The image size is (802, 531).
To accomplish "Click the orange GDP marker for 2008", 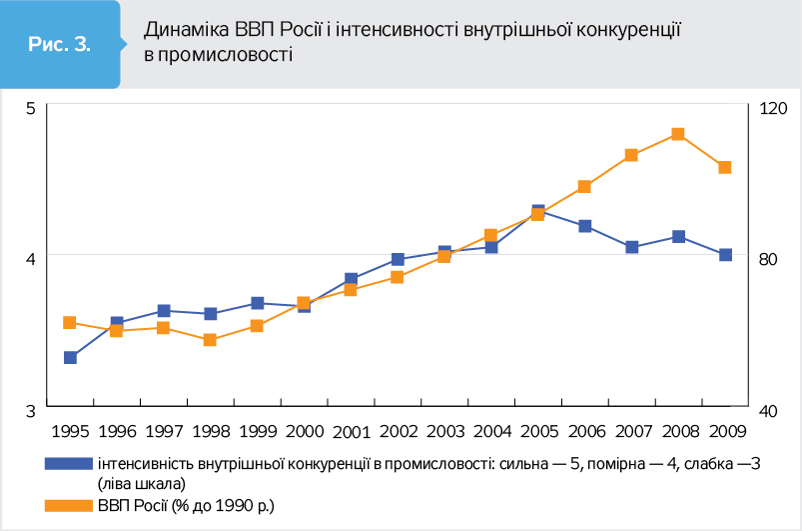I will pos(678,134).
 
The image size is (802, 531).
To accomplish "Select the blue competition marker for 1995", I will pos(71,357).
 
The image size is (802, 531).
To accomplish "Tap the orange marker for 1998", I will pos(211,340).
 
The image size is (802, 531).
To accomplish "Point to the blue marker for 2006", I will pos(584,226).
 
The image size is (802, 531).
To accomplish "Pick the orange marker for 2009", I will pos(725,167).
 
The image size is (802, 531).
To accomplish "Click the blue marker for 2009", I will pos(725,255).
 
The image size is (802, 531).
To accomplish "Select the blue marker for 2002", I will pos(398,260).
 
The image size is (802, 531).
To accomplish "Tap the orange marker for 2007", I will pos(631,155).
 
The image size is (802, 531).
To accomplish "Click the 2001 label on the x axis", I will pos(351,432).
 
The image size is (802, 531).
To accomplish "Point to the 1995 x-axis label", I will pos(71,432).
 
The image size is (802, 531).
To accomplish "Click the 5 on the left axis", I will pos(31,107).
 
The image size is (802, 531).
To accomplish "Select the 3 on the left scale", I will pos(31,410).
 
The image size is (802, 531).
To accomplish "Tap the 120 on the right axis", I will pos(775,107).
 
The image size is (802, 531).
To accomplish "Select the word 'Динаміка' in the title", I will pos(181,30).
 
